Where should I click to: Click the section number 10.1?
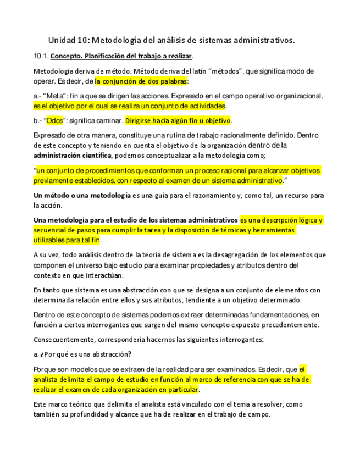click(x=41, y=56)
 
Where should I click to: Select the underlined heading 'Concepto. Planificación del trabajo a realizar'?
click(x=121, y=56)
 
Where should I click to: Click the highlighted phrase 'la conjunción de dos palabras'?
click(x=141, y=81)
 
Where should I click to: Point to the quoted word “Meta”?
click(x=55, y=96)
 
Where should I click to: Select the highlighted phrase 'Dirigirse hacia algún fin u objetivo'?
click(x=178, y=120)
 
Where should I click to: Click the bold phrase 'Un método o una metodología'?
click(x=82, y=195)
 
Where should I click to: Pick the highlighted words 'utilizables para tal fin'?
click(x=67, y=240)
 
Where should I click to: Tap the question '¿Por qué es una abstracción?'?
click(x=84, y=354)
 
